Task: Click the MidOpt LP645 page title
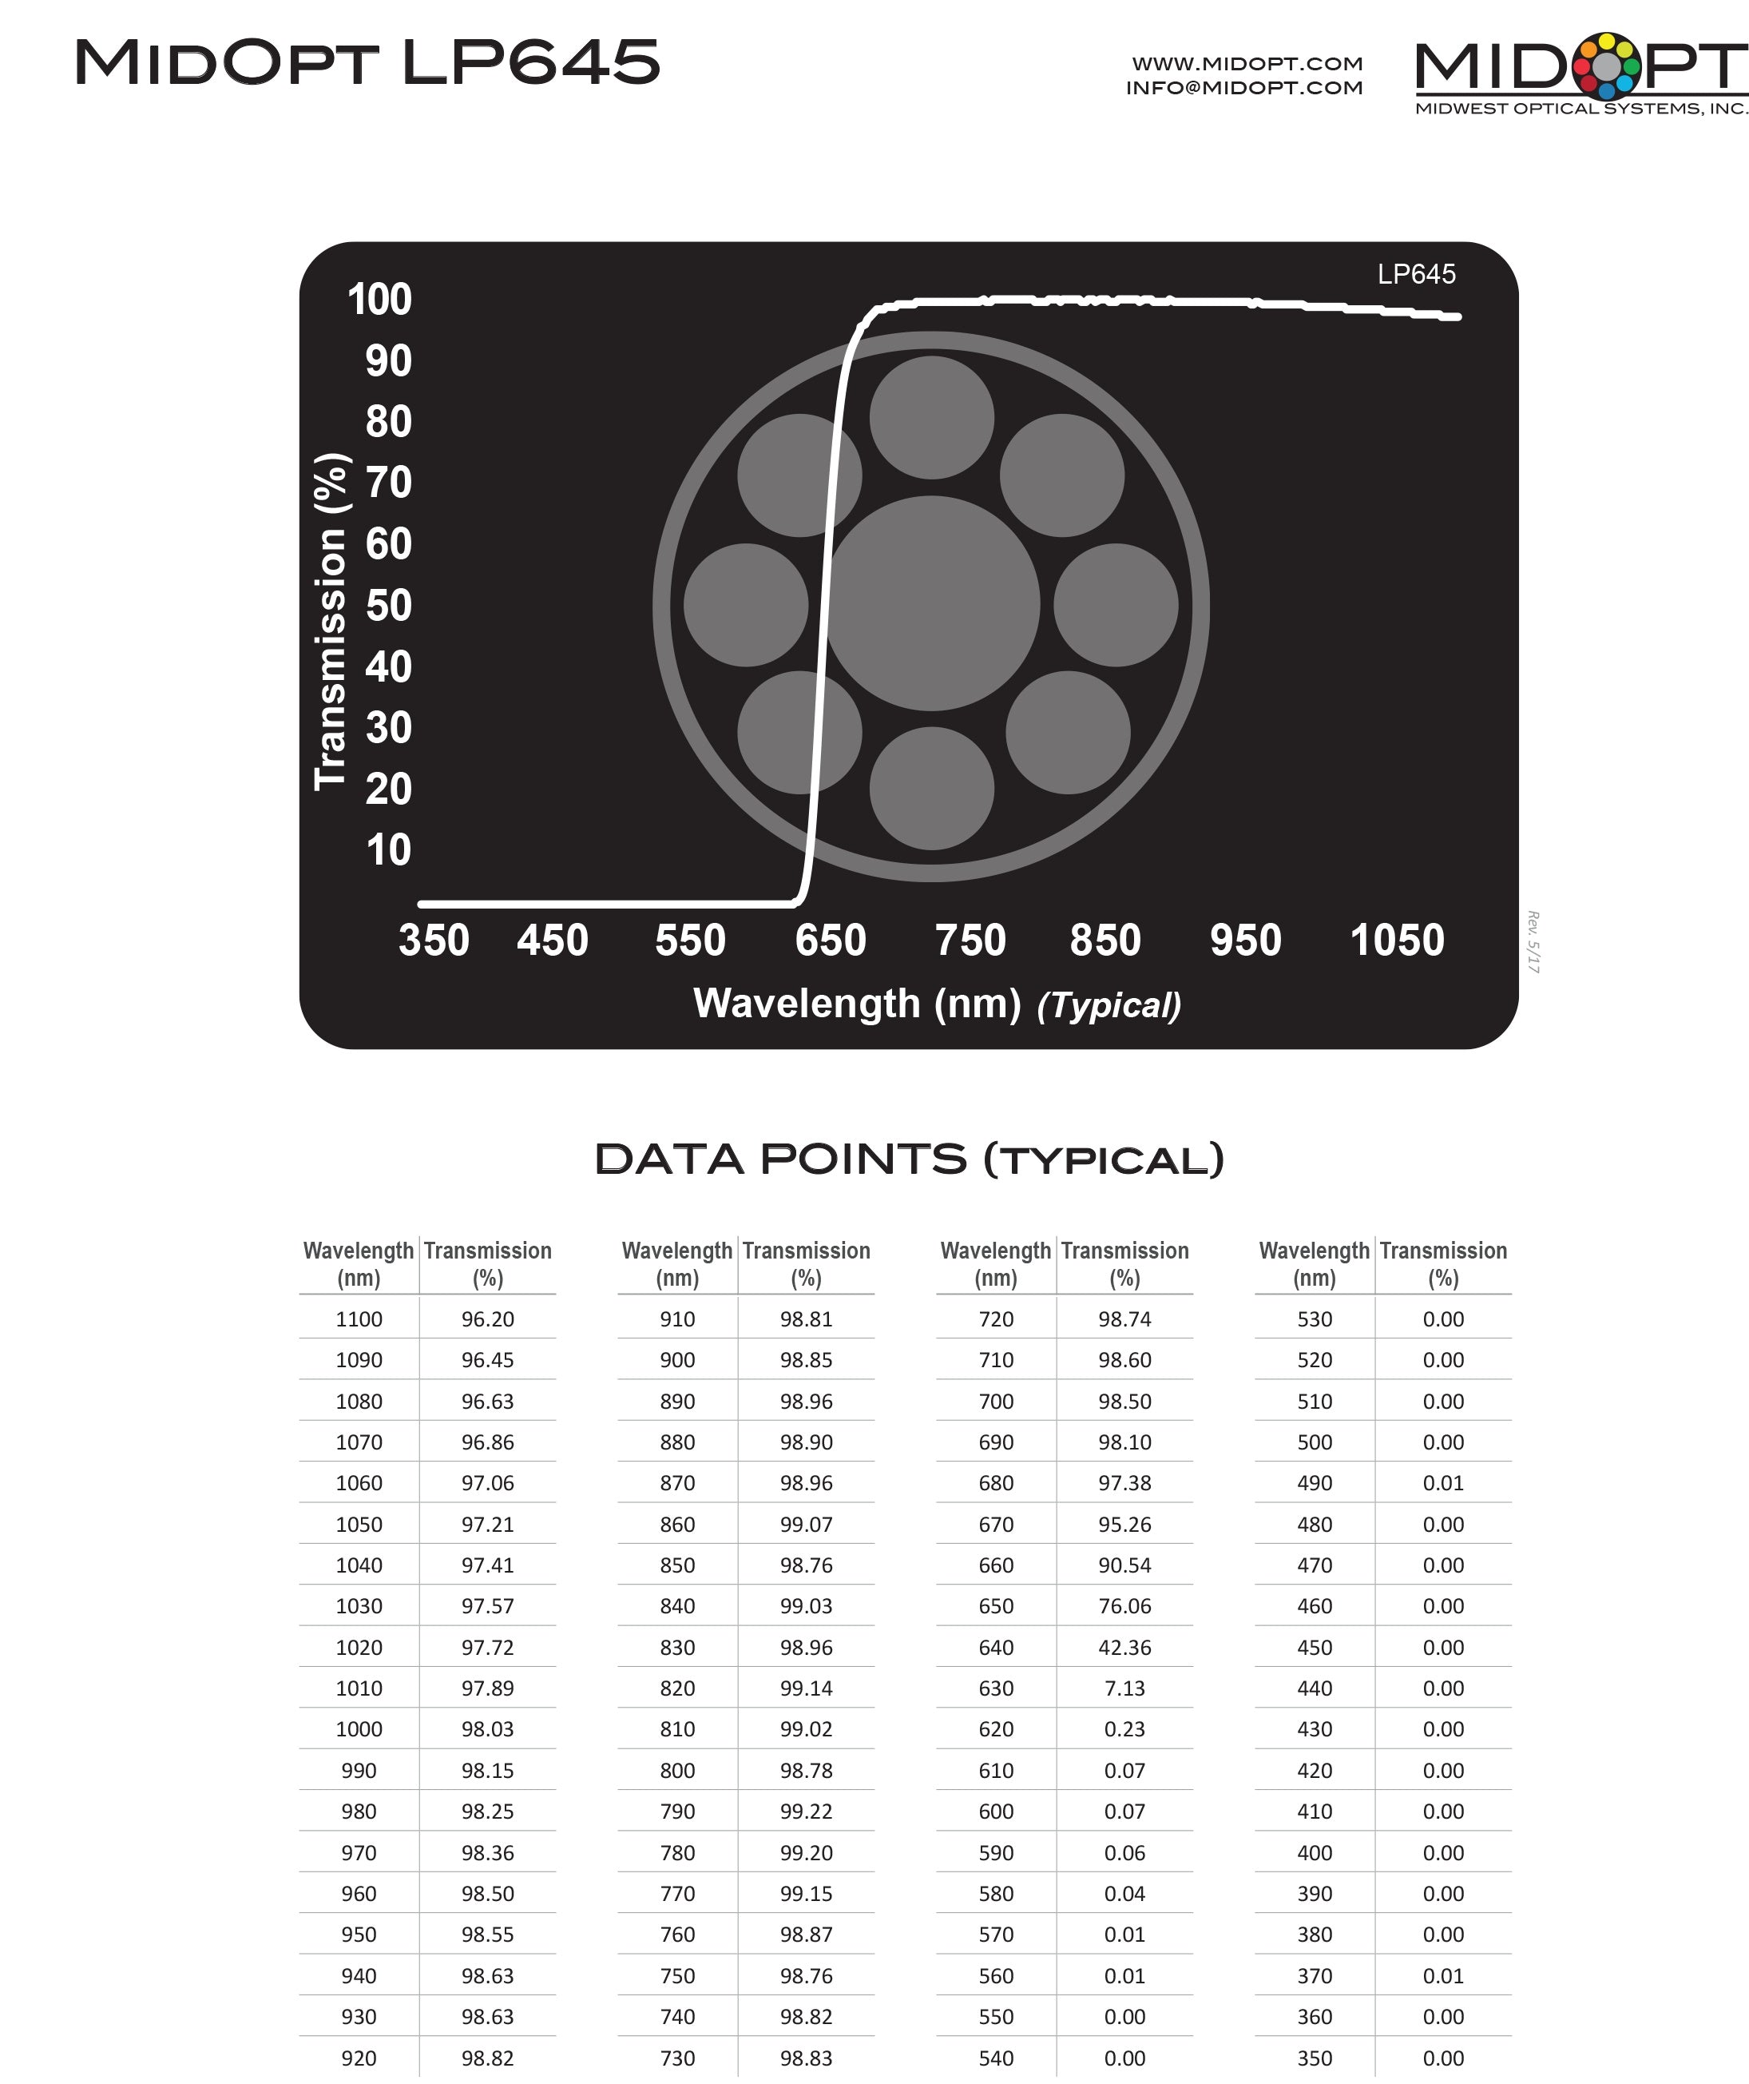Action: pos(367,62)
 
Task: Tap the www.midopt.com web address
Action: pos(1247,63)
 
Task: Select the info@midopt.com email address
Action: pos(1244,87)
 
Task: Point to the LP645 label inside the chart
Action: pos(1416,274)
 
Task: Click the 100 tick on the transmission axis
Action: pos(379,300)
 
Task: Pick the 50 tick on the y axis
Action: pos(388,606)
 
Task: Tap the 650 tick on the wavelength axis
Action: pos(831,940)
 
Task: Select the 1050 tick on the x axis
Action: pos(1397,940)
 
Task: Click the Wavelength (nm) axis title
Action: pos(857,1004)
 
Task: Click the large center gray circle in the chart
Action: pos(931,603)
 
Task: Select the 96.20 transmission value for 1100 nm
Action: pos(487,1318)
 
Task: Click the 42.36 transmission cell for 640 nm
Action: pos(1124,1648)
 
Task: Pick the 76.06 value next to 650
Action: pos(1124,1605)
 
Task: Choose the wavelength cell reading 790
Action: pos(677,1811)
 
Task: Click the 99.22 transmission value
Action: pos(806,1811)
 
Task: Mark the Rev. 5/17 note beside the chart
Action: pos(1533,942)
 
